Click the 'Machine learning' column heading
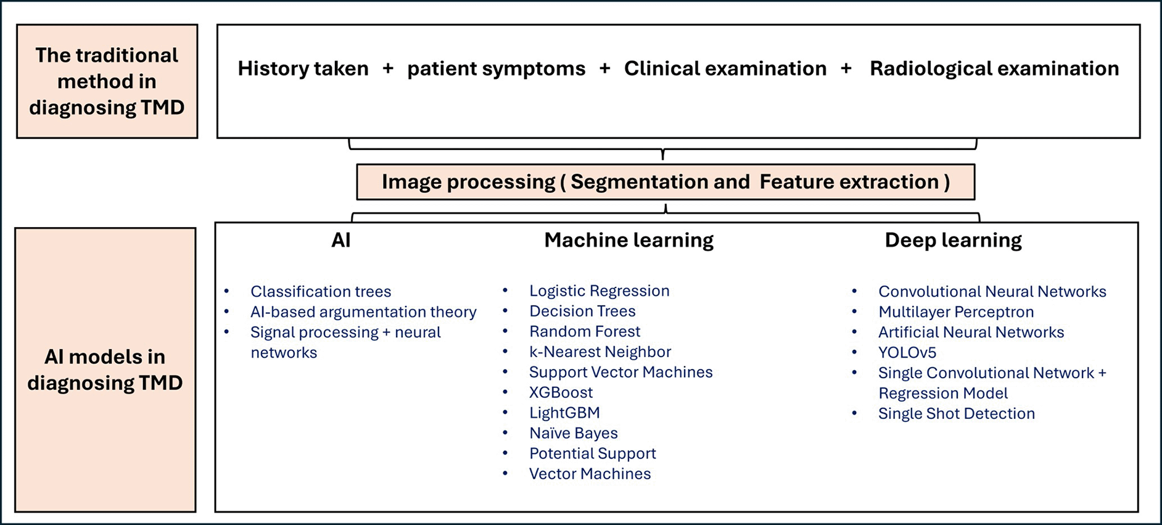[x=628, y=240]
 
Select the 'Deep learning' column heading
[x=953, y=240]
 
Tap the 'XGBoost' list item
[x=561, y=392]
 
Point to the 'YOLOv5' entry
[x=907, y=352]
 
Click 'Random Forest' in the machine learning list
[x=585, y=331]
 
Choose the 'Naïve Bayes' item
[x=573, y=433]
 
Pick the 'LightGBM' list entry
[x=564, y=413]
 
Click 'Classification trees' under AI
[x=321, y=291]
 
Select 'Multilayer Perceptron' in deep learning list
[x=956, y=312]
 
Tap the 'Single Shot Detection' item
[x=957, y=413]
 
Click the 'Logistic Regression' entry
[x=599, y=291]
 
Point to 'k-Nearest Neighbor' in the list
[x=600, y=352]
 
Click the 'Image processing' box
[x=665, y=182]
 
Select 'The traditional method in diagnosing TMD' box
[x=107, y=81]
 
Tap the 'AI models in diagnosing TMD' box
[x=105, y=370]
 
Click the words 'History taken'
[x=303, y=68]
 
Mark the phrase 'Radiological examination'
[x=994, y=68]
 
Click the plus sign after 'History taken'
[x=388, y=68]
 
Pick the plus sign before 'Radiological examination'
[x=846, y=68]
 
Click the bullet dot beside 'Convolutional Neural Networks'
[x=854, y=291]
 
